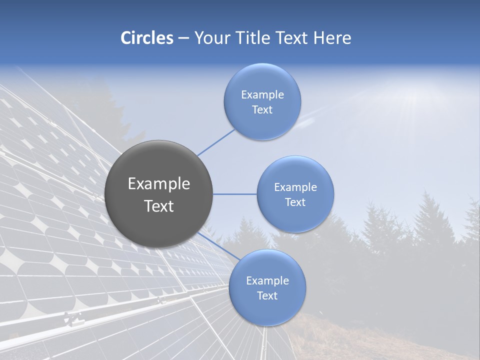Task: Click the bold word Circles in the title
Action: [x=146, y=38]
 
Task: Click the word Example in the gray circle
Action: [x=159, y=184]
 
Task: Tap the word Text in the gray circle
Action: [x=159, y=206]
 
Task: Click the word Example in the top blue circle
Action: [x=262, y=95]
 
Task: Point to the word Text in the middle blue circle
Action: [x=295, y=202]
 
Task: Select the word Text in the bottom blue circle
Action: [x=267, y=295]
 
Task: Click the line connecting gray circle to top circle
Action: [x=216, y=141]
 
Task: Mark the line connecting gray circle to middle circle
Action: [x=234, y=194]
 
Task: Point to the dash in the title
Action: [x=183, y=38]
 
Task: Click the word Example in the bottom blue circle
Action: [x=267, y=281]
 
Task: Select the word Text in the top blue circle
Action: [x=262, y=110]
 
